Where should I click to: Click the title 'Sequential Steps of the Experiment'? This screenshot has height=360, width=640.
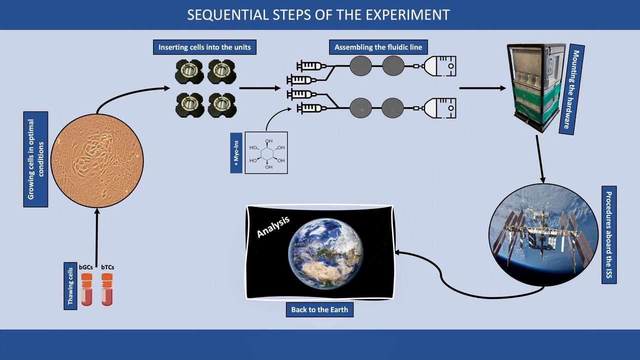click(x=318, y=14)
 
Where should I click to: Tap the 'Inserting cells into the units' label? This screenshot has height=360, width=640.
click(x=204, y=47)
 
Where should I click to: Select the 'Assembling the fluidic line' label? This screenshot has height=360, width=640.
click(x=378, y=47)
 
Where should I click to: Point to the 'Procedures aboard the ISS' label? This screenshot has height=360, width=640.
click(x=608, y=235)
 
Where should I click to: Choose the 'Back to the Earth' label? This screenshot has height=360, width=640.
click(x=319, y=309)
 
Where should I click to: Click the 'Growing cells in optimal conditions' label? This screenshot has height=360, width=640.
click(x=35, y=159)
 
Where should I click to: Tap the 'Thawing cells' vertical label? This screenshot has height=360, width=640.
click(x=70, y=285)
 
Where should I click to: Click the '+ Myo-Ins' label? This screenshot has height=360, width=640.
click(x=236, y=153)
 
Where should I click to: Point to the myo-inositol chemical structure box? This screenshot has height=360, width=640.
click(x=266, y=153)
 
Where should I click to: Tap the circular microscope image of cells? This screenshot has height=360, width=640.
click(x=97, y=160)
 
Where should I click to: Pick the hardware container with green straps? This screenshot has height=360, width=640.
click(x=536, y=88)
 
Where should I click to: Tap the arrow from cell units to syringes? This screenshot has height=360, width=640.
click(x=260, y=88)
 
